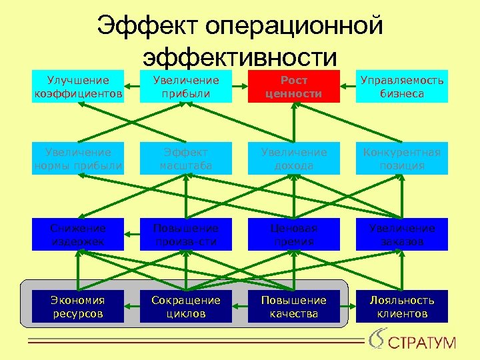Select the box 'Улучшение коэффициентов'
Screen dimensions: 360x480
pos(78,87)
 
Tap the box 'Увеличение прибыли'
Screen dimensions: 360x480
pos(185,87)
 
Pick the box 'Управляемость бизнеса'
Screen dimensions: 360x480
pos(401,87)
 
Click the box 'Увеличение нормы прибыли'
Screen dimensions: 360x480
pos(78,159)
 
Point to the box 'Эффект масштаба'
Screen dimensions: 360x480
pos(185,159)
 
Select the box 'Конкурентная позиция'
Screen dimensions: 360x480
pos(401,159)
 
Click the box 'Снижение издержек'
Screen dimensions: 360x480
pos(78,235)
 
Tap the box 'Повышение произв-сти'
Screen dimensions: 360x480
pos(185,235)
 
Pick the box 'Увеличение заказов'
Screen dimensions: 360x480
pos(401,235)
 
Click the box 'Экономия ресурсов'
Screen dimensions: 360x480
pos(78,307)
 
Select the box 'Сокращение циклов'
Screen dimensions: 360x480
pos(185,307)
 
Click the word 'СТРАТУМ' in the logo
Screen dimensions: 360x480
pos(422,344)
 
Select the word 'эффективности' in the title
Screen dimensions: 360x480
pos(240,57)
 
